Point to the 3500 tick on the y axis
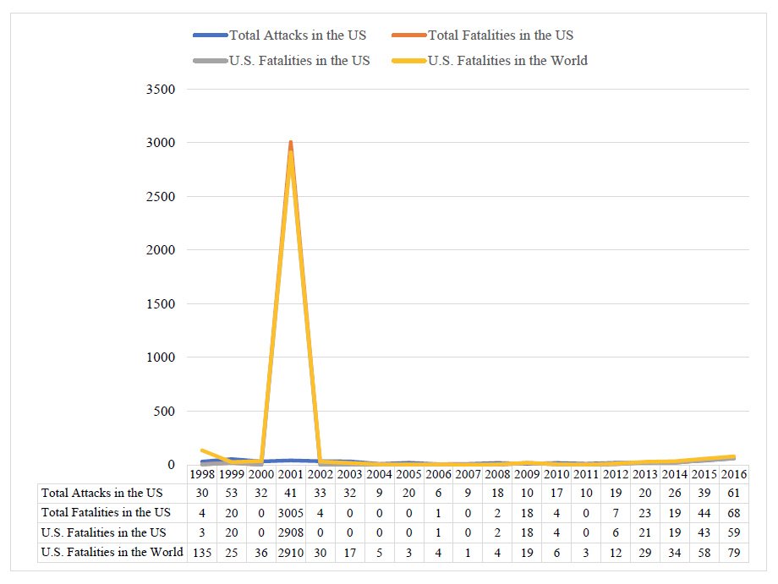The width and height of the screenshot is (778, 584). tap(160, 90)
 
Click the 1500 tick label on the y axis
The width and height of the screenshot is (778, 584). tap(160, 304)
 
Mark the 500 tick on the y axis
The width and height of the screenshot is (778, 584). tap(163, 412)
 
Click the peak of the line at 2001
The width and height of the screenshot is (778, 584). tap(290, 144)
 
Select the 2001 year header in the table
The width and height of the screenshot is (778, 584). tap(290, 474)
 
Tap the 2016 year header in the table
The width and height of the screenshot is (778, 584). tap(733, 474)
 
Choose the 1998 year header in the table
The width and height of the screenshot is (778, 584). tap(202, 474)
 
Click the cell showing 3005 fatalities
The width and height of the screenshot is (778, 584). tap(290, 512)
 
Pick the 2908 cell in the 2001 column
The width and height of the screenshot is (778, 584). tap(290, 532)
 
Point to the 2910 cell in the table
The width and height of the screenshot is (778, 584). tap(290, 553)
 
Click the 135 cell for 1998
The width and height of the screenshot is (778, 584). tap(202, 553)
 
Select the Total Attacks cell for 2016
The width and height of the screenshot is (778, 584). tap(733, 493)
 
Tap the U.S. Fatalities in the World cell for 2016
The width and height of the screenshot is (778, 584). tap(733, 553)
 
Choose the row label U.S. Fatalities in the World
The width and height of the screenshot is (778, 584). tap(112, 553)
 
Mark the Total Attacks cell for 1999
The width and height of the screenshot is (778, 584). tap(232, 493)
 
